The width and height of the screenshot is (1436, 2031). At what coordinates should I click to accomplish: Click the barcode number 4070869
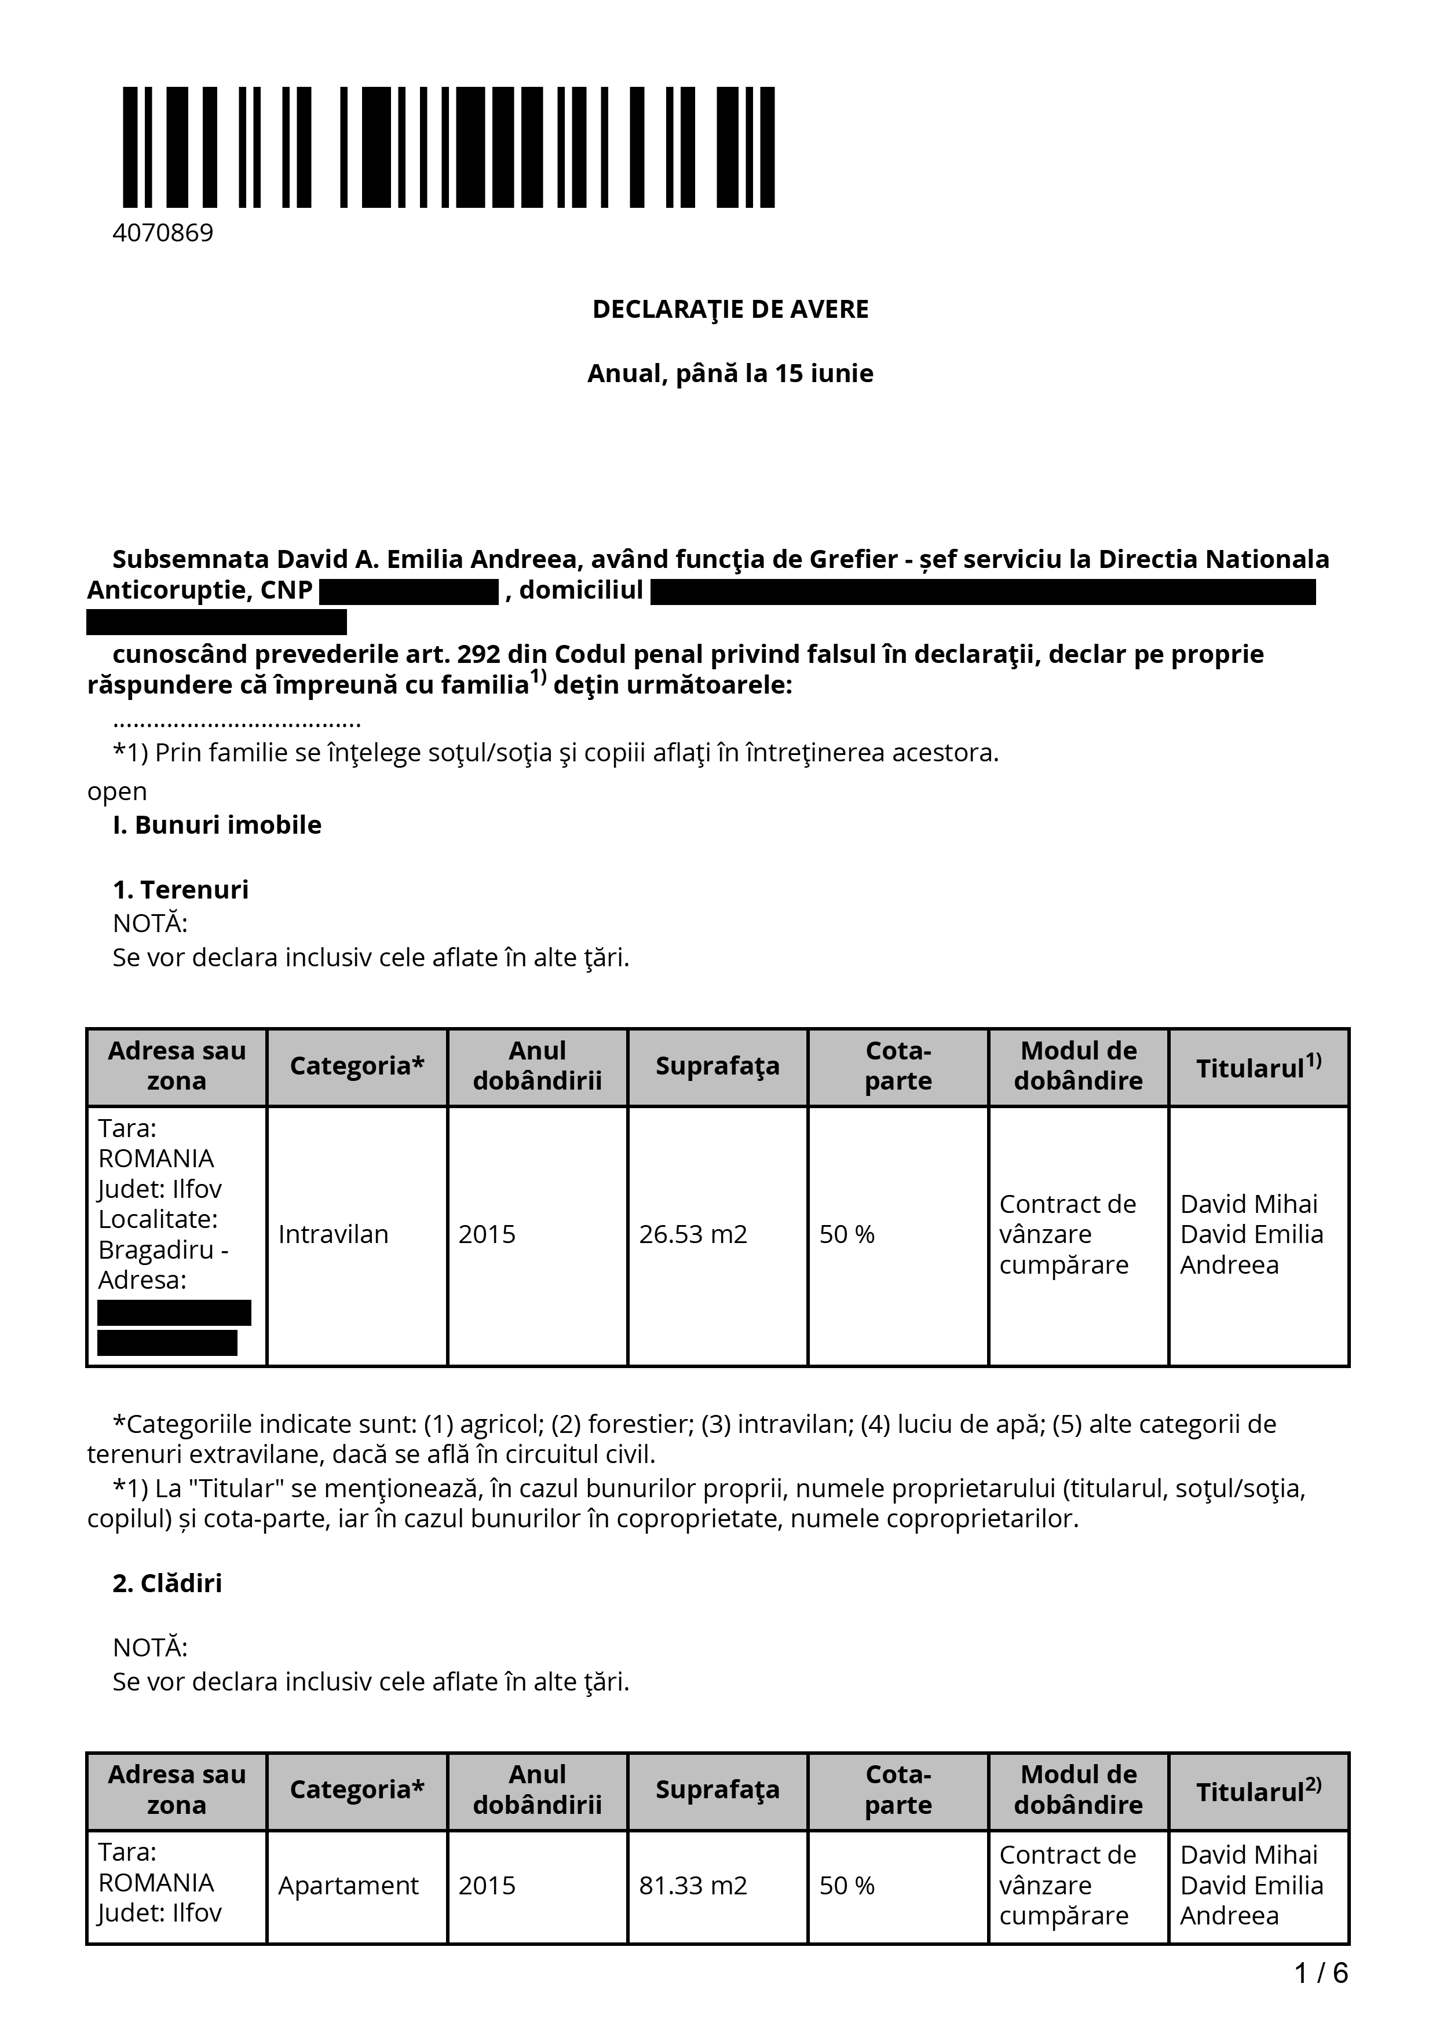point(163,233)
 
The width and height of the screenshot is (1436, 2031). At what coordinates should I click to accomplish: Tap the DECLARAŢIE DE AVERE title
point(730,310)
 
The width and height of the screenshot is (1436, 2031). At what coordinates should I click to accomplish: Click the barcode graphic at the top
point(448,148)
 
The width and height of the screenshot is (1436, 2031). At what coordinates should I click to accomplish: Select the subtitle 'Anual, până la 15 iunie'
point(730,373)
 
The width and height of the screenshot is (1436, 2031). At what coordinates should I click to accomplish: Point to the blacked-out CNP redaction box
point(409,591)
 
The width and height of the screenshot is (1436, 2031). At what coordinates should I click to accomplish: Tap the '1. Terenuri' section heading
point(181,890)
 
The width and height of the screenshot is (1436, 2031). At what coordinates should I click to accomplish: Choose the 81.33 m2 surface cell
point(693,1886)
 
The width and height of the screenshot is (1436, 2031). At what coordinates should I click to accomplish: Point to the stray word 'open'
point(117,791)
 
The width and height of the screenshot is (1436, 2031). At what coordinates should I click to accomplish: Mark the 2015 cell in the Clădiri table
point(487,1886)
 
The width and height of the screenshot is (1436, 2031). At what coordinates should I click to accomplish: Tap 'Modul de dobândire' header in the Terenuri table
point(1077,1066)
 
